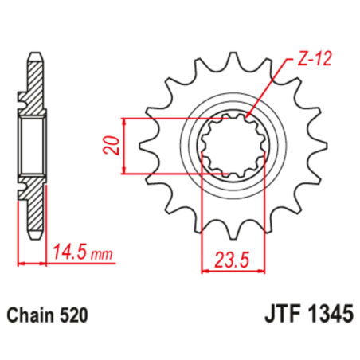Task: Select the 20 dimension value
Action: pyautogui.click(x=114, y=145)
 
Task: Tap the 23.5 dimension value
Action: pyautogui.click(x=228, y=259)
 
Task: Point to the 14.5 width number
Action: pyautogui.click(x=68, y=256)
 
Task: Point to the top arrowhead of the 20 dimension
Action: pyautogui.click(x=125, y=121)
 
